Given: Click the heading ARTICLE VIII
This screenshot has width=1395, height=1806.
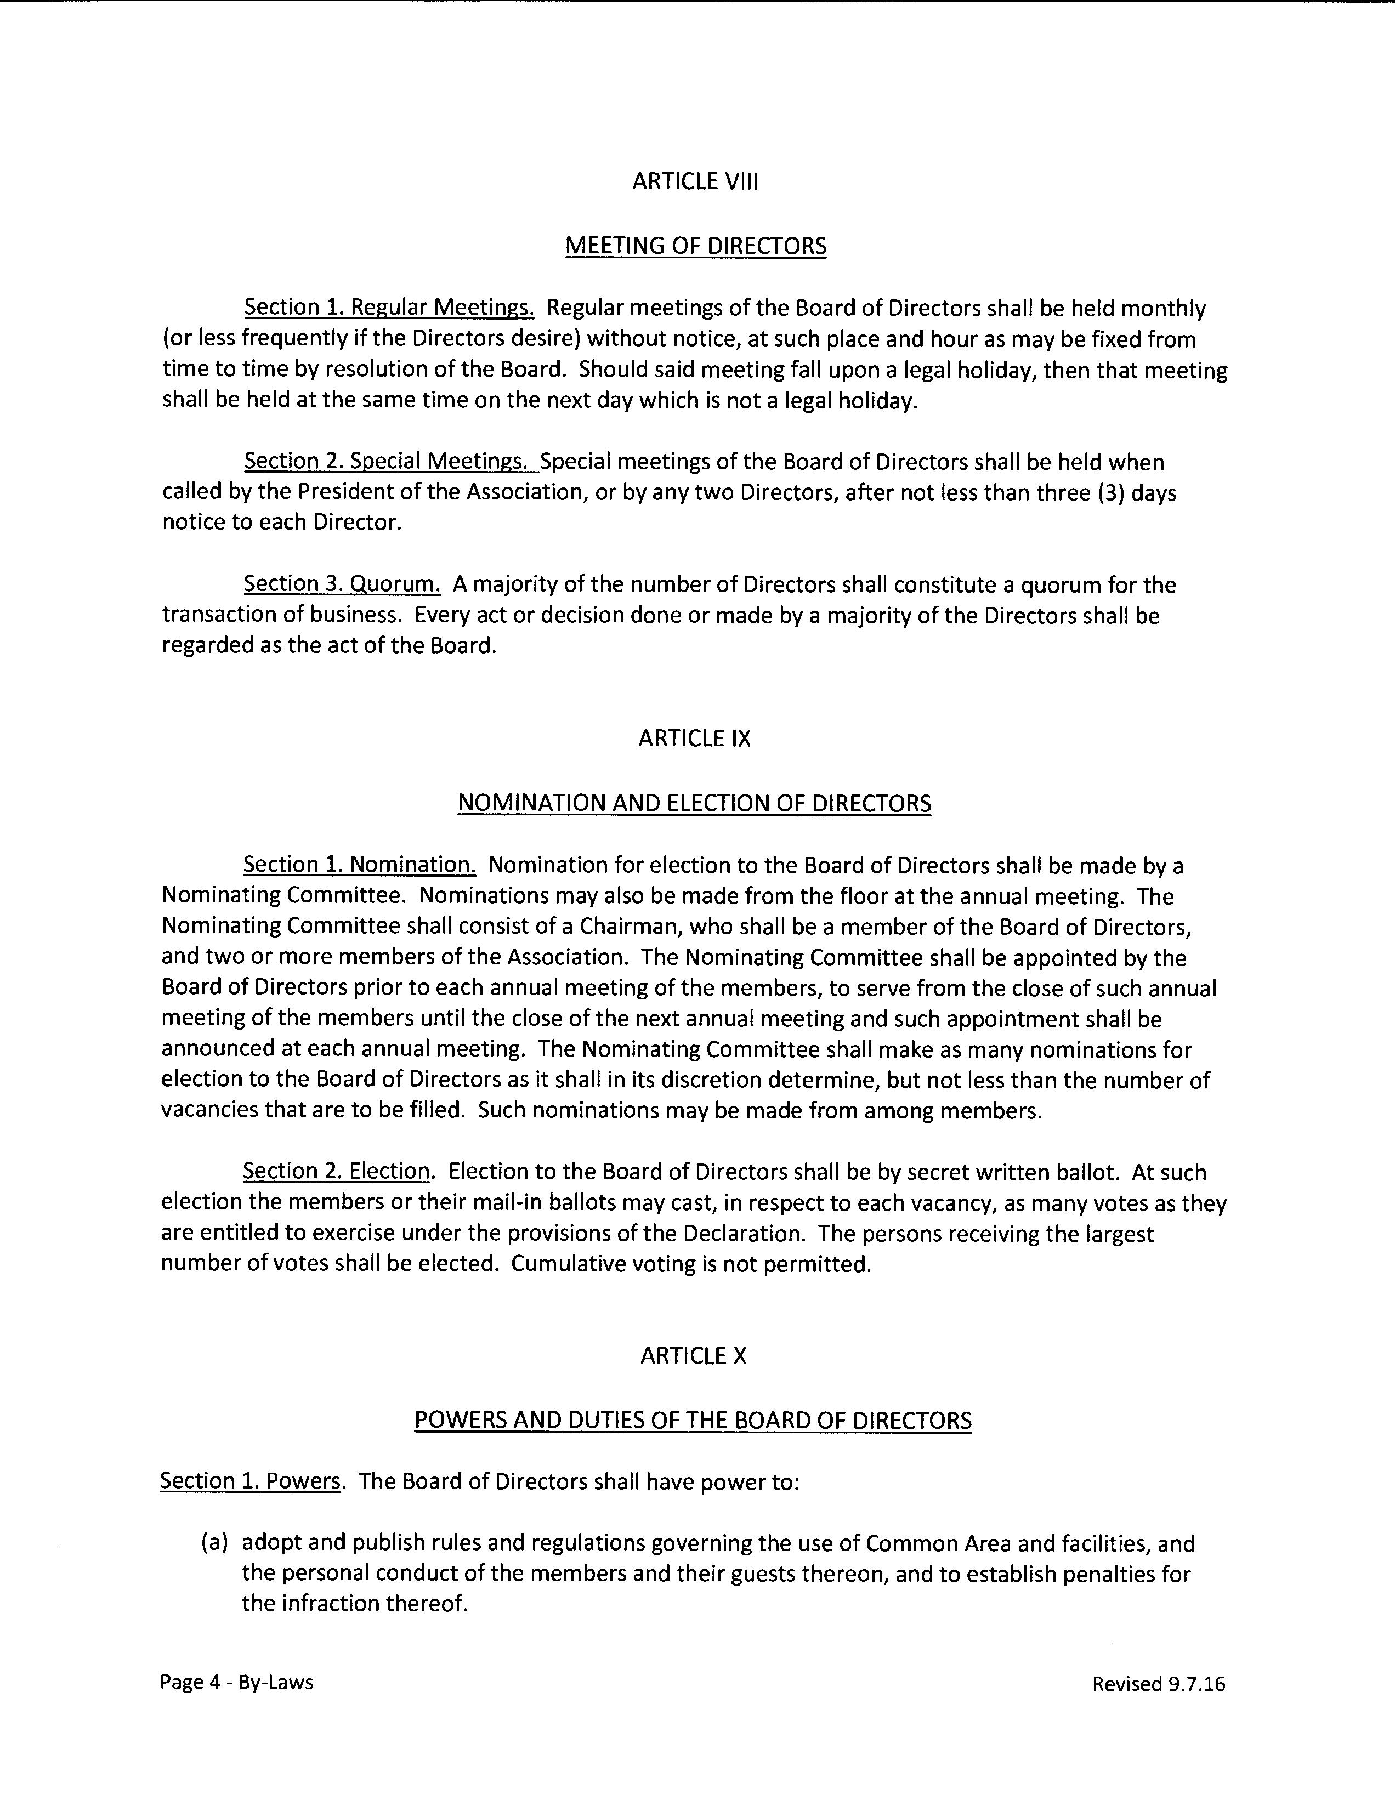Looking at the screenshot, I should [x=695, y=182].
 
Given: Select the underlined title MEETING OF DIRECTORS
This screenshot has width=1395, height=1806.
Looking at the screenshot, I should [x=695, y=246].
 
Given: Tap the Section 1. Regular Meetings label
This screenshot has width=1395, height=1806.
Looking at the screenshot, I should [x=389, y=308].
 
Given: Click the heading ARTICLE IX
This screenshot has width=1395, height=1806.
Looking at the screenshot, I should [x=695, y=739].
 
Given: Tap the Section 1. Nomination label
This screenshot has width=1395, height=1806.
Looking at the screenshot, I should [x=359, y=865].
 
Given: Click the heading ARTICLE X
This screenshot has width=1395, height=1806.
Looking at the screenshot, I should [x=693, y=1356].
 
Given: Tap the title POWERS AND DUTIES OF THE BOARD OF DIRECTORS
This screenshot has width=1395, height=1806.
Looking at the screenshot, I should [x=693, y=1420].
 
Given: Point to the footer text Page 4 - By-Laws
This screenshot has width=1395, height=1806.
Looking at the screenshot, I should [x=236, y=1682].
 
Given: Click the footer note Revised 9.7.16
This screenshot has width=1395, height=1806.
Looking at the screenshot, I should [x=1158, y=1684].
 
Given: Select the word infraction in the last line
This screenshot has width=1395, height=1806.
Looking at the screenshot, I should [x=333, y=1604].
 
